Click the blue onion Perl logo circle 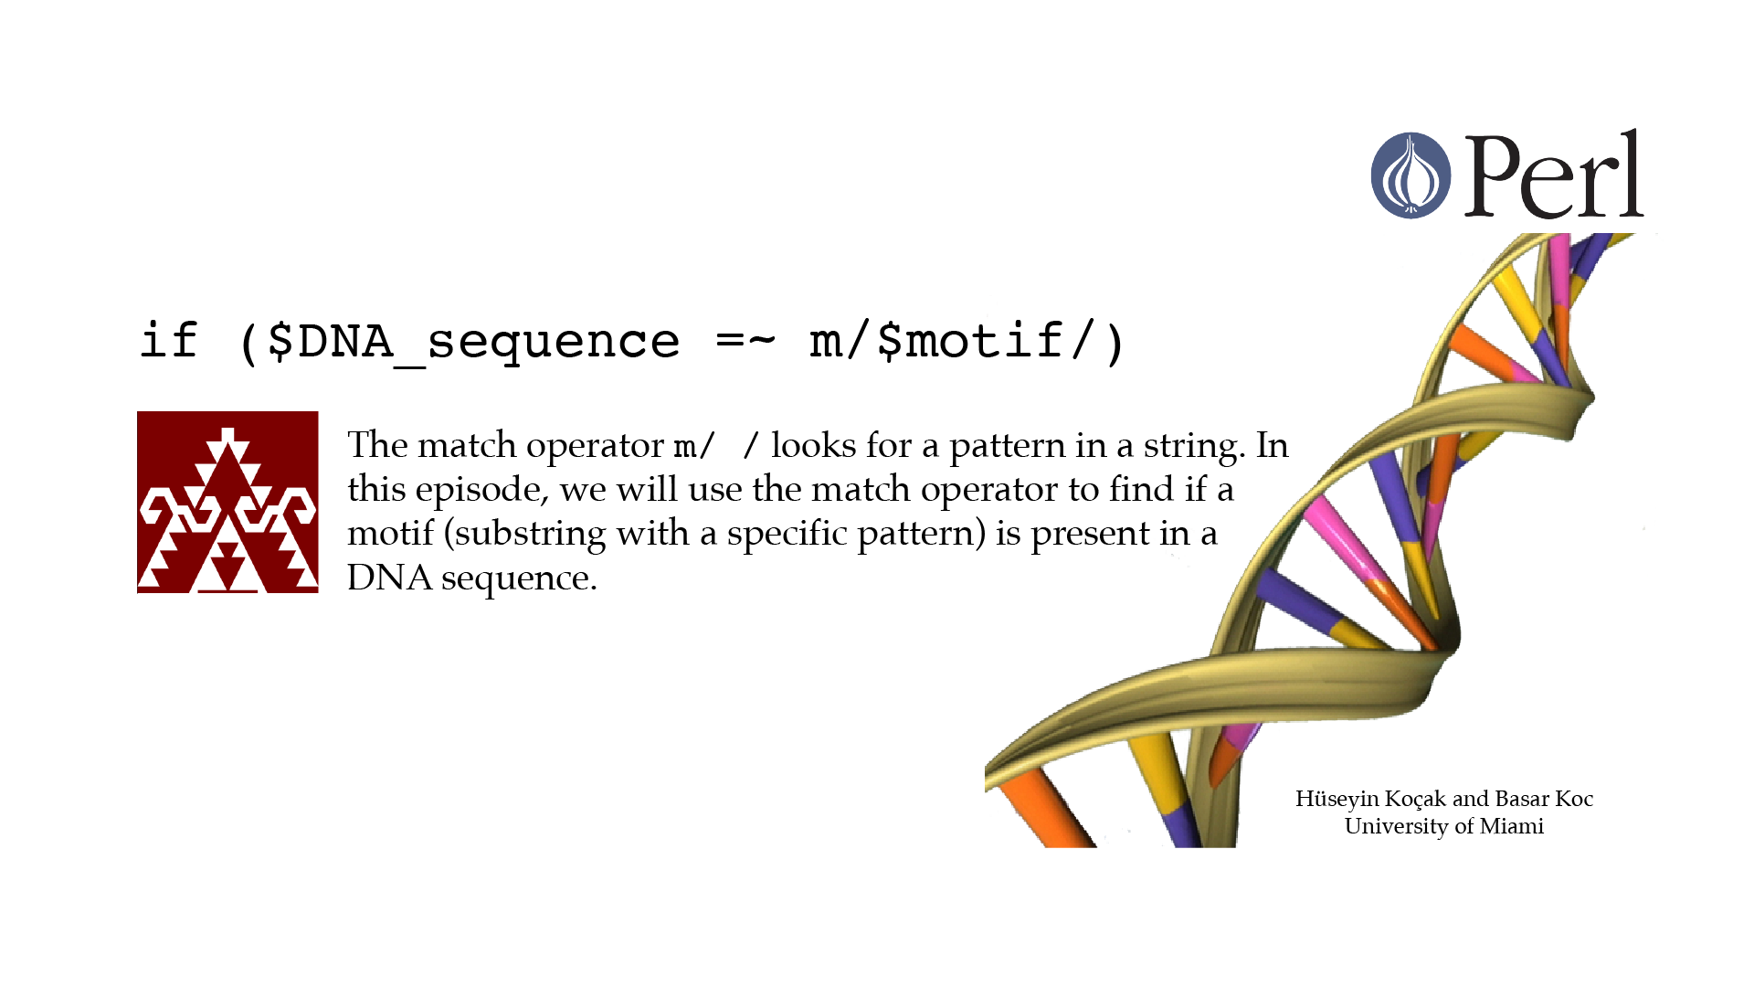click(x=1411, y=175)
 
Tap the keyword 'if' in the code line click(x=169, y=341)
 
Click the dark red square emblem click(x=227, y=502)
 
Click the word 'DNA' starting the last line click(x=389, y=578)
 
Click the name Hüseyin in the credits click(x=1337, y=799)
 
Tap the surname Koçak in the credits click(x=1415, y=799)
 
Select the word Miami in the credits click(x=1512, y=826)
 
